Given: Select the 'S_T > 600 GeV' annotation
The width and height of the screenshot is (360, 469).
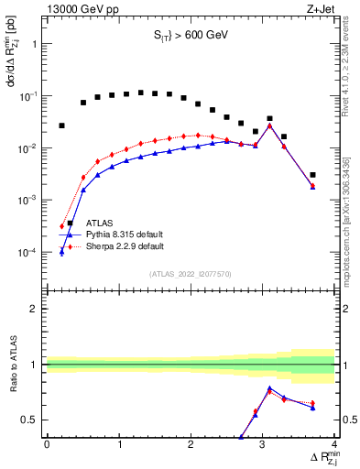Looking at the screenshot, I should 190,36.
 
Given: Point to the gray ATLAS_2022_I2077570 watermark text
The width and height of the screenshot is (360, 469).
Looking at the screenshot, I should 190,273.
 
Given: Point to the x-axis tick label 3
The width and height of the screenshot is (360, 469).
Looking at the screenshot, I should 263,446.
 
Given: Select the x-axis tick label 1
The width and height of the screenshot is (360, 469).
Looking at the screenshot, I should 119,446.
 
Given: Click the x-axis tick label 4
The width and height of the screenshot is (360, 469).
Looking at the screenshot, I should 334,446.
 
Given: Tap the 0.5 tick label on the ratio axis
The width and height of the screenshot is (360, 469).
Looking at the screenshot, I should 31,420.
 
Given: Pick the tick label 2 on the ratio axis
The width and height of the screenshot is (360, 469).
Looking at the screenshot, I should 36,309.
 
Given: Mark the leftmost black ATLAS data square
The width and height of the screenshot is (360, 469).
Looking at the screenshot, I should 61,125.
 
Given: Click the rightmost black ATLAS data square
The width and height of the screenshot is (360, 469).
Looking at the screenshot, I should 312,175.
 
